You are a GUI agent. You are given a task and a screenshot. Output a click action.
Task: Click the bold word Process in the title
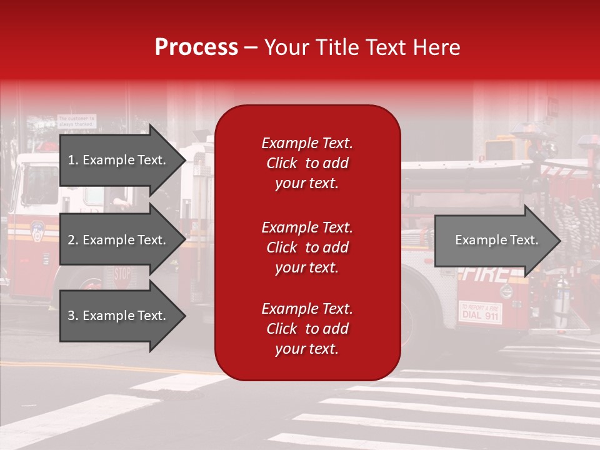point(196,47)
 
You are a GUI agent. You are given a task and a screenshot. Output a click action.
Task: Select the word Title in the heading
point(337,47)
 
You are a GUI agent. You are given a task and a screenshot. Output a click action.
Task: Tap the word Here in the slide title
point(435,47)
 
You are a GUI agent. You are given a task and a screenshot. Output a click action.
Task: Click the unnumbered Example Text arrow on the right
point(496,241)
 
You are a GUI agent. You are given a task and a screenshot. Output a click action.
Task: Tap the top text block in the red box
point(307,163)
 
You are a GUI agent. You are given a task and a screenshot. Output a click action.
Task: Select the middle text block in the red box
point(307,247)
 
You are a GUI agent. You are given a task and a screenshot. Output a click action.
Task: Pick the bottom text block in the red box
point(307,329)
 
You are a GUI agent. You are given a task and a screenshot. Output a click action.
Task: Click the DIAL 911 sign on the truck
point(480,312)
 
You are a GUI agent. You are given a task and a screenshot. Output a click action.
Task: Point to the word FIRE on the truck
point(484,273)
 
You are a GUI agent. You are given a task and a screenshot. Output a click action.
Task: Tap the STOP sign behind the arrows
point(122,274)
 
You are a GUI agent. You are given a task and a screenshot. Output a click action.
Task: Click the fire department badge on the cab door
point(37,232)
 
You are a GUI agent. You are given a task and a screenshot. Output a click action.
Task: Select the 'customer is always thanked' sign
point(77,121)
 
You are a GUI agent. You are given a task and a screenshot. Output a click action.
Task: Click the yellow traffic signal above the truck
point(500,150)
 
